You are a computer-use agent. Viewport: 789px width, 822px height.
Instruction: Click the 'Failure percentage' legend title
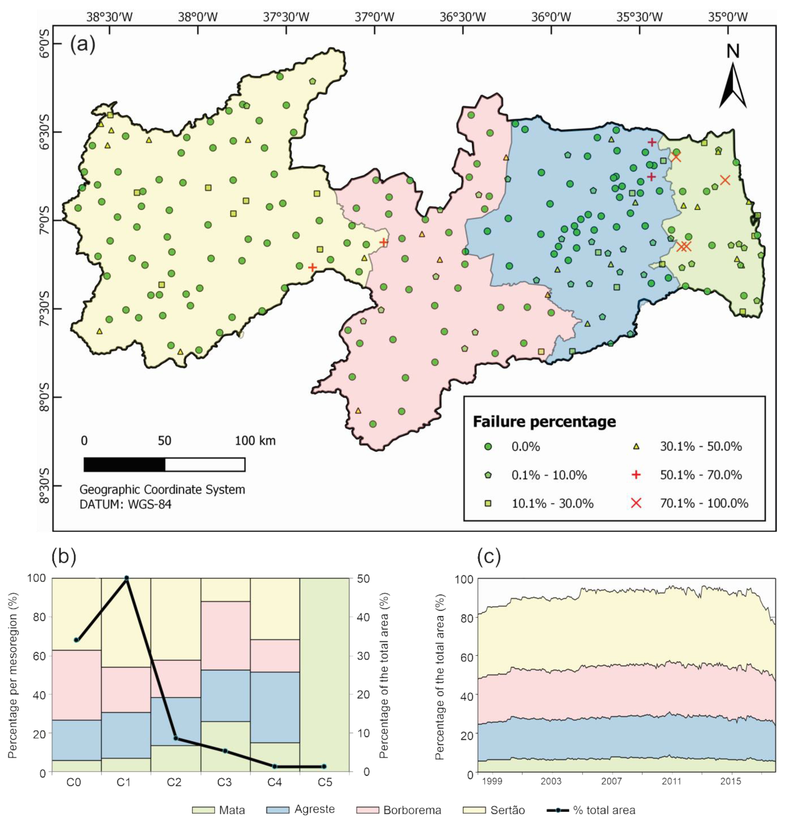pos(544,422)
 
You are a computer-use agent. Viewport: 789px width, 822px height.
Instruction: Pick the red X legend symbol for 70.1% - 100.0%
pos(636,503)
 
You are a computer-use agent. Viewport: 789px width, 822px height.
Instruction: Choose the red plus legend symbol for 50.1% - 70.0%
pos(636,475)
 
